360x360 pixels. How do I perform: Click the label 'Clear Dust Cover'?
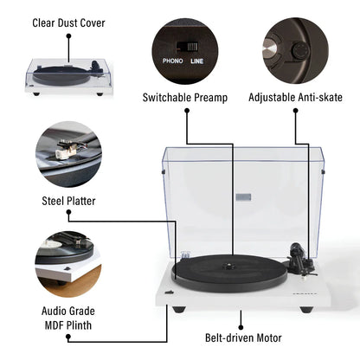pyautogui.click(x=68, y=22)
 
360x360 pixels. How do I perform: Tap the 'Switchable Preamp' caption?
pyautogui.click(x=185, y=98)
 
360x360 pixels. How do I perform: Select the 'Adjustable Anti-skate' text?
pyautogui.click(x=294, y=98)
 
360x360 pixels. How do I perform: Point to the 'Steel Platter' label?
pyautogui.click(x=68, y=201)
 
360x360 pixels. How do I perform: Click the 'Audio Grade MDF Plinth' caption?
pyautogui.click(x=68, y=317)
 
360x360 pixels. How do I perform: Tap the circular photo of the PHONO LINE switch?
pyautogui.click(x=185, y=51)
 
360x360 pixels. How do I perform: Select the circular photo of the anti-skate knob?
pyautogui.click(x=294, y=51)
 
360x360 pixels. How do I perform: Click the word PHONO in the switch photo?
pyautogui.click(x=174, y=62)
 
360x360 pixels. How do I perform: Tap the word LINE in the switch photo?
pyautogui.click(x=198, y=62)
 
